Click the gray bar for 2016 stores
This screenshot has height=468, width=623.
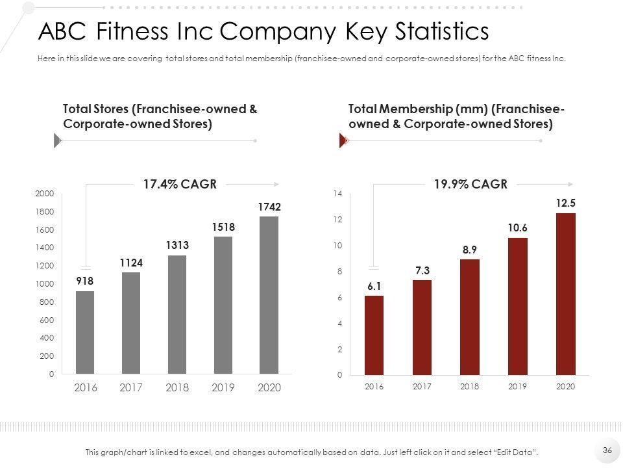tap(85, 333)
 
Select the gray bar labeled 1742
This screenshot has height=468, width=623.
tap(269, 296)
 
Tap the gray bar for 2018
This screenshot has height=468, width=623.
tap(177, 315)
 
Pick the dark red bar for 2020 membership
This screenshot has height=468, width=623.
tap(566, 294)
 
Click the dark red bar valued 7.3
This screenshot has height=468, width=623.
tap(422, 328)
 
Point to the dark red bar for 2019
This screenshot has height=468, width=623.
tap(518, 307)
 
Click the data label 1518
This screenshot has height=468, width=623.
tap(223, 227)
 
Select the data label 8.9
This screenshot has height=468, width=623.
tap(470, 249)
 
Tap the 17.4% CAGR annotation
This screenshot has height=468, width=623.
tap(179, 185)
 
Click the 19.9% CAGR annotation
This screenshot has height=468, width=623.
tap(470, 185)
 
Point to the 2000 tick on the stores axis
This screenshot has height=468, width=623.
tap(45, 194)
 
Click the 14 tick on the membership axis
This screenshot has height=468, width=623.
tap(337, 194)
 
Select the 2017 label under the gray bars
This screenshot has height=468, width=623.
tap(131, 387)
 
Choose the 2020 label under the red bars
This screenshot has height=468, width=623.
tap(566, 386)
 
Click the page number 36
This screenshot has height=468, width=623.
tap(607, 450)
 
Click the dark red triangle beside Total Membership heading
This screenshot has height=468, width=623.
tap(344, 140)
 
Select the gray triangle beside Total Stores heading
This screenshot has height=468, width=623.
tap(56, 140)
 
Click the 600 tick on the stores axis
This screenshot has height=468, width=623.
tap(47, 320)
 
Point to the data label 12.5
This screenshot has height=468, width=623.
tap(566, 203)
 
